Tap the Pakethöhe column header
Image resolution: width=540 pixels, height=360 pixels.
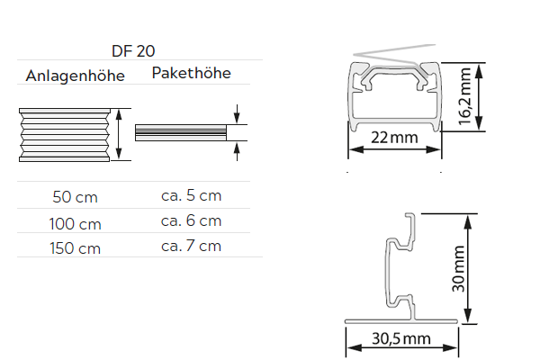coord(191,73)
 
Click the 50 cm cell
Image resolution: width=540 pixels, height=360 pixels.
coord(76,196)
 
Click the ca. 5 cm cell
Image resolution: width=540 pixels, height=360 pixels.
coord(191,194)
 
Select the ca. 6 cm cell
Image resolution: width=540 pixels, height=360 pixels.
coord(191,220)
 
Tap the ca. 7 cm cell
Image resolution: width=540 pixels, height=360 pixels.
coord(191,246)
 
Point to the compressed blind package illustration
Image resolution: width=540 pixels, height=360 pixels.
coord(179,133)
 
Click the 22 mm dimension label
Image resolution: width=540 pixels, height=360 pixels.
coord(394,138)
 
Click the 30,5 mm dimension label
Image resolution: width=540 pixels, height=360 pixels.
coord(401,339)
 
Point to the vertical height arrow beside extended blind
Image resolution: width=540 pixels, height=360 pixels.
coord(117,134)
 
